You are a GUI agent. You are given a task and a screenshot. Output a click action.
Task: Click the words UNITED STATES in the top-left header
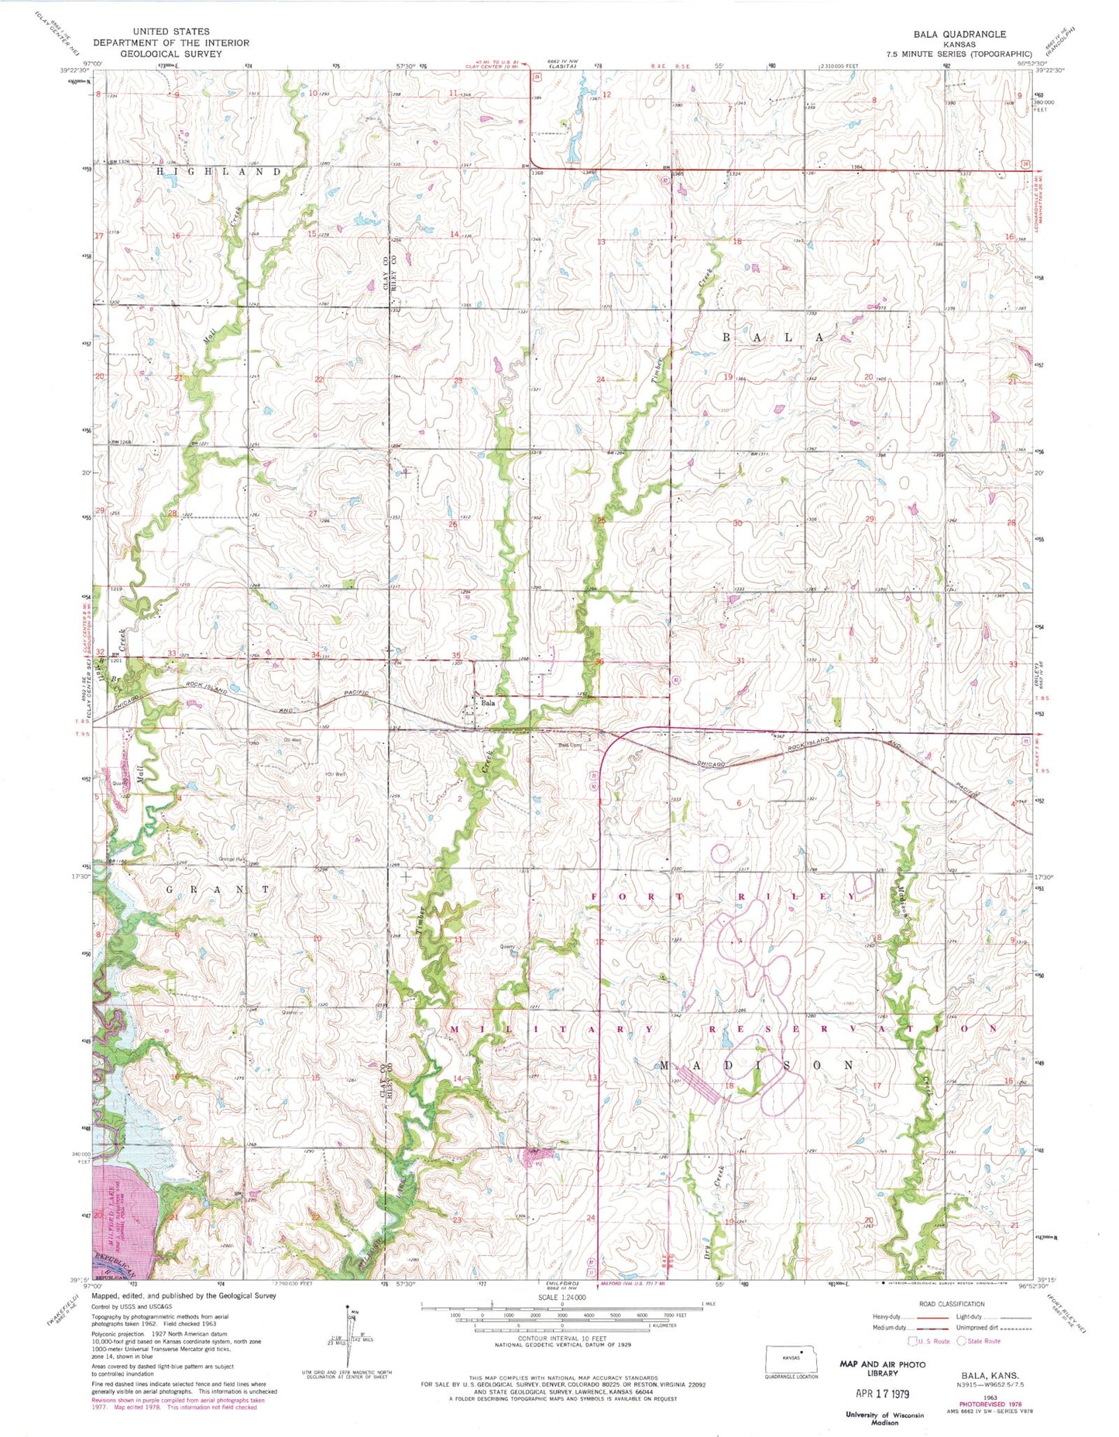coord(170,32)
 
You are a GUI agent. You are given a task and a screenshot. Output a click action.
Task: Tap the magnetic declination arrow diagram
coord(348,1336)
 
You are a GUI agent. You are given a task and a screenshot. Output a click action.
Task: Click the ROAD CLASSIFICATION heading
coord(952,1304)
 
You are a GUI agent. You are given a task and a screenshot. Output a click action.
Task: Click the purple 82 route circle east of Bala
coord(675,681)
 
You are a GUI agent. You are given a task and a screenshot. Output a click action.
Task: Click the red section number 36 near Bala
coord(599,661)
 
